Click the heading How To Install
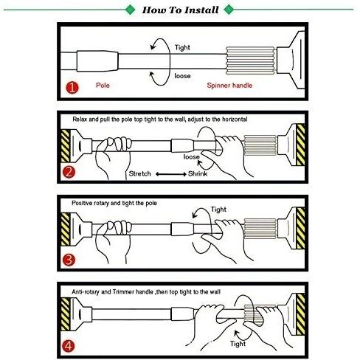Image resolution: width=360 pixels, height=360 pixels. pos(180,10)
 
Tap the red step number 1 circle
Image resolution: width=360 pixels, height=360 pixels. pos(72,88)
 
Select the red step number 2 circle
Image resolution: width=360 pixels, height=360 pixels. pos(69,172)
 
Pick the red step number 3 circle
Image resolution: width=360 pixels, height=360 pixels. pos(69,260)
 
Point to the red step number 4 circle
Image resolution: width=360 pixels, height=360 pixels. pos(69,346)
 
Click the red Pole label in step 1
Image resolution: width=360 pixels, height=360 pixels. pos(103,86)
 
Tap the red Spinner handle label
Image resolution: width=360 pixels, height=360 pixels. pos(229,86)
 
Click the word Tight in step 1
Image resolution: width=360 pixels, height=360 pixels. pos(182,47)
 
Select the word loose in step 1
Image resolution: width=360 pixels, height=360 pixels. pos(182,76)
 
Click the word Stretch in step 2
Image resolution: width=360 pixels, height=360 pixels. pos(139,173)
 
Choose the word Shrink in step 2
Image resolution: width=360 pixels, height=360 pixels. pos(198,173)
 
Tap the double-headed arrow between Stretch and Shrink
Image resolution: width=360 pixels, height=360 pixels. pos(171,174)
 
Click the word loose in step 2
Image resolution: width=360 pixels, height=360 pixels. pos(191,156)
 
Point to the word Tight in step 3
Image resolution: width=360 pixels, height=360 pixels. pos(218,210)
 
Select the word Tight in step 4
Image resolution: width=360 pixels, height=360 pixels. pos(238,344)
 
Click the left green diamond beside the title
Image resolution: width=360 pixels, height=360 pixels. pos(131,10)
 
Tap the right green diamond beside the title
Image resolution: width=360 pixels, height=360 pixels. pos(229,10)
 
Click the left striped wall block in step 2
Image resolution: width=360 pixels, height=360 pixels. pos(66,146)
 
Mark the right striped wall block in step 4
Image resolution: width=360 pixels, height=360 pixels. pos(300,314)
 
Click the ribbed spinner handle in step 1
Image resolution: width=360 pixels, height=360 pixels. pos(250,60)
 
